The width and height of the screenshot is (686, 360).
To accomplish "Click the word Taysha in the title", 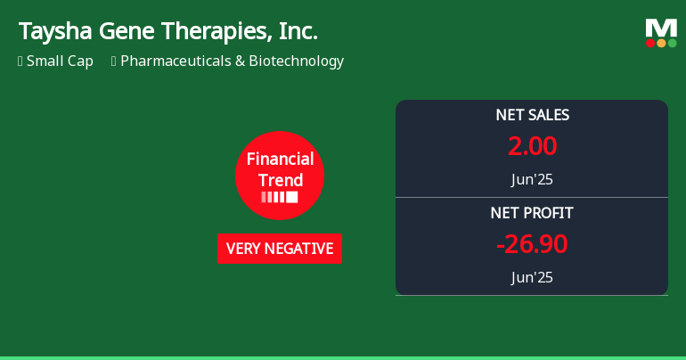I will [x=54, y=32].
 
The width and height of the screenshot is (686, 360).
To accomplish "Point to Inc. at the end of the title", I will [x=297, y=32].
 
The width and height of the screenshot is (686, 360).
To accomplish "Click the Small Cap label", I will [x=60, y=61].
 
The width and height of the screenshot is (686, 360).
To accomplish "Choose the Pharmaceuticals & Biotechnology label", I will [x=232, y=61].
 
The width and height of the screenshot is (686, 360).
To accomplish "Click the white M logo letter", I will [x=661, y=28].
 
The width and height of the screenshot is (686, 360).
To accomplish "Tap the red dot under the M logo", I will [x=650, y=43].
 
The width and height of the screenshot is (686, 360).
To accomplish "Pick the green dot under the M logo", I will [x=672, y=43].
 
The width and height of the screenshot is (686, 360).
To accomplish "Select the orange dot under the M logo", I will [x=661, y=43].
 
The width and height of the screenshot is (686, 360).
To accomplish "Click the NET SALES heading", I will [x=532, y=115].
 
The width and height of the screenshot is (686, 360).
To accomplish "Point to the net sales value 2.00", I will [x=532, y=145].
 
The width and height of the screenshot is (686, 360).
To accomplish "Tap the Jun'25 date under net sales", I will [x=532, y=179].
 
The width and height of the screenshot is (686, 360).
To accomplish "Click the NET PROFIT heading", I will [x=532, y=213].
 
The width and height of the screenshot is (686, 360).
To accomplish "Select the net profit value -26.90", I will [x=532, y=243].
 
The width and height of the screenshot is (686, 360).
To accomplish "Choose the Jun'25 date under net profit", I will [x=532, y=277].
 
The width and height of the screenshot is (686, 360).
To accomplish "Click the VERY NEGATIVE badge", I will [x=280, y=249].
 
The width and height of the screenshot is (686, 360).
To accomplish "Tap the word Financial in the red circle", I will [x=280, y=160].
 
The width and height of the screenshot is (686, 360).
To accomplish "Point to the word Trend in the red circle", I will [x=280, y=180].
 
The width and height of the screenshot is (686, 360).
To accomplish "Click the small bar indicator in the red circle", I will [x=280, y=197].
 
